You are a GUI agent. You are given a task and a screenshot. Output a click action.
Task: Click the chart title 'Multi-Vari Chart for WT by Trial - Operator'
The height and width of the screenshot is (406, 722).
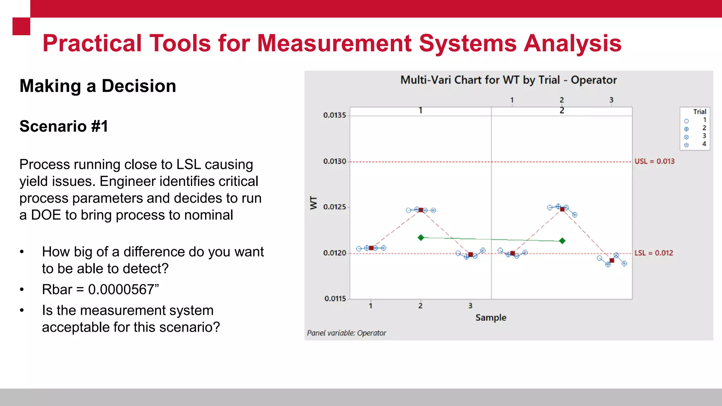tap(508, 80)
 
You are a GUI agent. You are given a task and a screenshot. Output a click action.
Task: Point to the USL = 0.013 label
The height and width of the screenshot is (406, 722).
tap(654, 161)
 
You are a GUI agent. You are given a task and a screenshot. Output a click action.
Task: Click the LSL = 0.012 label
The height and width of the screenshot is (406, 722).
tap(654, 253)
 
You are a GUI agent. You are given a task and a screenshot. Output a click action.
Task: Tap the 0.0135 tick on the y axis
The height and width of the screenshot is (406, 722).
tap(335, 115)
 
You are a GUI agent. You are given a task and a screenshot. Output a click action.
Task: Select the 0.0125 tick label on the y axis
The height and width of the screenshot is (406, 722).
tap(335, 207)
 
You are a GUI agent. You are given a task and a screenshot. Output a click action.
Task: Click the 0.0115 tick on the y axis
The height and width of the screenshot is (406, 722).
tap(335, 299)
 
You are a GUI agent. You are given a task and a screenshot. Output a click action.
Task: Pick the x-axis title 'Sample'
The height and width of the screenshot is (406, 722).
tap(491, 318)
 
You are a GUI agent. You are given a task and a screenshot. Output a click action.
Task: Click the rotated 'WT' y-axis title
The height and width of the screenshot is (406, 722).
tap(313, 203)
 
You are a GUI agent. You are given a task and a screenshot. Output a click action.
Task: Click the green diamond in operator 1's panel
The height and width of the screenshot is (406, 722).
tap(421, 238)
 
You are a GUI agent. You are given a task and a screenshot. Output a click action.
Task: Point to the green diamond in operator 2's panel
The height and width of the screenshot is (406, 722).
tap(562, 241)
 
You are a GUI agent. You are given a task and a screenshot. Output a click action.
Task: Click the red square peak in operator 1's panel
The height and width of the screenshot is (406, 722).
tap(421, 210)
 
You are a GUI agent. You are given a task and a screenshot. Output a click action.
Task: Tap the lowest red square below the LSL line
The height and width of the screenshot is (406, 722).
tap(612, 260)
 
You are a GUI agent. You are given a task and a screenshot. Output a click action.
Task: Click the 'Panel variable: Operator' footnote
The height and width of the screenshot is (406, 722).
tap(347, 333)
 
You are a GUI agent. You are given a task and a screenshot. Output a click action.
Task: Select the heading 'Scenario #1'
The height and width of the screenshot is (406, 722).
tap(64, 126)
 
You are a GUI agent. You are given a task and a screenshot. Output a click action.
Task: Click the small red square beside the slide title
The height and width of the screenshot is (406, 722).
tap(21, 26)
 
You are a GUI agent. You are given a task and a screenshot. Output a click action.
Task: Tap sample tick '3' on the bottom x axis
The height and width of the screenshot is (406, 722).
tap(470, 306)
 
